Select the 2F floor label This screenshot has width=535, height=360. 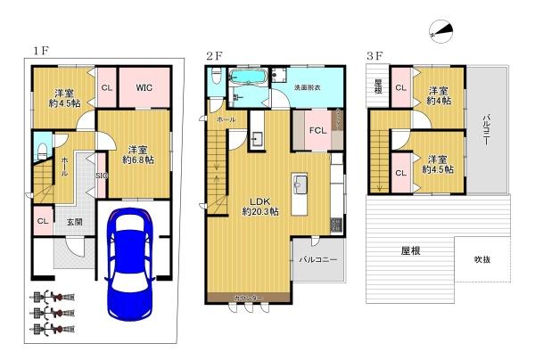coord(214,55)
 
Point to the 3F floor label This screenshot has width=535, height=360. coord(374,55)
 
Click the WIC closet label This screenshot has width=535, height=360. coord(144,87)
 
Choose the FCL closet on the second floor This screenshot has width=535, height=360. coord(317,130)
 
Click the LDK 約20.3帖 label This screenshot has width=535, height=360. coord(259,206)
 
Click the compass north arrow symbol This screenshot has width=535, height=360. coord(439,33)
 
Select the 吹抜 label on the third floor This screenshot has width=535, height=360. coord(481,259)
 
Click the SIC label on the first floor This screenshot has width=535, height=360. coord(101,176)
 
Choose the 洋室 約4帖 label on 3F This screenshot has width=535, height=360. coord(436,95)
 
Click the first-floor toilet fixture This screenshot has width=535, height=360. coord(40,147)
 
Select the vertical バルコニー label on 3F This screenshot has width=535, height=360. coord(488,131)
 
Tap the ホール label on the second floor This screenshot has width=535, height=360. coord(225,118)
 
